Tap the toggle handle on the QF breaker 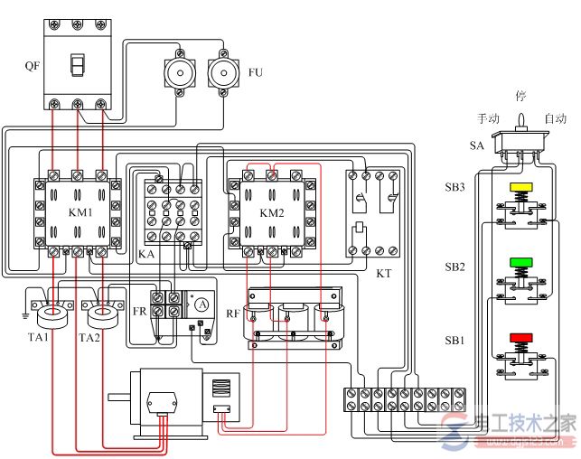click(x=78, y=65)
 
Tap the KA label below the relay click(x=145, y=256)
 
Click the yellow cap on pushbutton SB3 click(x=521, y=188)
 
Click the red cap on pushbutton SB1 click(x=521, y=338)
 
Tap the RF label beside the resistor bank click(x=232, y=314)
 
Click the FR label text click(x=139, y=310)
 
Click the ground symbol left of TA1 click(x=24, y=316)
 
